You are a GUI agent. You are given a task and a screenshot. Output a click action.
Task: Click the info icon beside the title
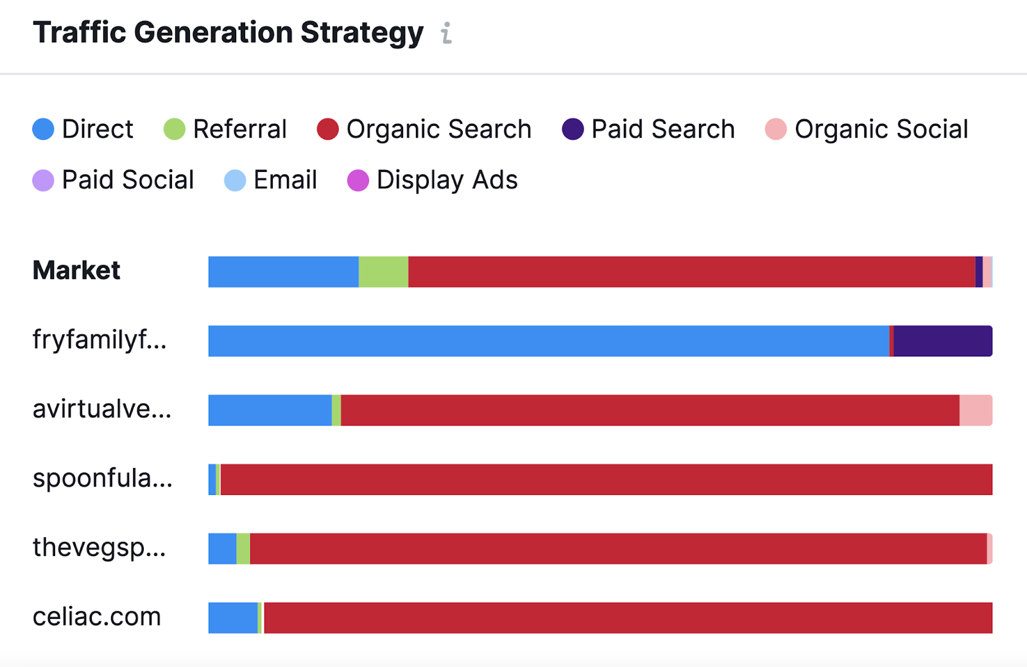tap(446, 33)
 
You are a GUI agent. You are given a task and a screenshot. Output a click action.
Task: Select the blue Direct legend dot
tap(43, 129)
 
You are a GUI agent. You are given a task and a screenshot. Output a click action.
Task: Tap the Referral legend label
tap(239, 129)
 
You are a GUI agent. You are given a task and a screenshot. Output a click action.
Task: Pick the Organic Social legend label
tap(881, 129)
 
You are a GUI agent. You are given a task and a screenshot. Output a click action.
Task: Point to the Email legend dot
tap(235, 180)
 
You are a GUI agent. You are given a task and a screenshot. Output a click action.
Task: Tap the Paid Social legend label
tap(128, 180)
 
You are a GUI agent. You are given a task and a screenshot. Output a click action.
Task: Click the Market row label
tap(76, 271)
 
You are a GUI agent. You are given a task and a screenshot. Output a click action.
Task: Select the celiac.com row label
tap(97, 617)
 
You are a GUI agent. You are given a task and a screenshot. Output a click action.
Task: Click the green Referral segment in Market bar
tap(383, 272)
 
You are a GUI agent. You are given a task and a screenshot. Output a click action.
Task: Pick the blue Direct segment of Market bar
tap(283, 272)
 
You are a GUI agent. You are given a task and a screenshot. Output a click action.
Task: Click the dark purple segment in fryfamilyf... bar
tap(942, 341)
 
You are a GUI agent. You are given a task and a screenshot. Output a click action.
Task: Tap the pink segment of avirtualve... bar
tap(976, 410)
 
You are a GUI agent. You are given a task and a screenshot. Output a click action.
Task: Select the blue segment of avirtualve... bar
tap(270, 410)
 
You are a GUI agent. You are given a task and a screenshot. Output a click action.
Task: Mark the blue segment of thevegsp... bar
tap(222, 549)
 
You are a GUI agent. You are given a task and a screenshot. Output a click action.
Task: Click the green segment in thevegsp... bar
tap(243, 549)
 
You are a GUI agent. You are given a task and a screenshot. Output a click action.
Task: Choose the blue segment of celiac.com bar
tap(232, 618)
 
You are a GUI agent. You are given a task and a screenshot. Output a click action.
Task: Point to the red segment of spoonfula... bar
tap(606, 480)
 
